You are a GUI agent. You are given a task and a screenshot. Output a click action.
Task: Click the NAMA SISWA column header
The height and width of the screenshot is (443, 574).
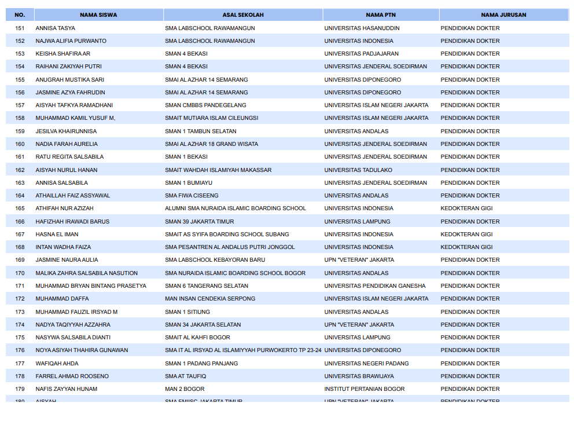[98, 15]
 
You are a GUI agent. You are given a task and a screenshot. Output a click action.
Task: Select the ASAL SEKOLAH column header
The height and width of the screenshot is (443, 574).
[243, 15]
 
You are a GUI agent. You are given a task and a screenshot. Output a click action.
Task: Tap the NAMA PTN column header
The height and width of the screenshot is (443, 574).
[381, 15]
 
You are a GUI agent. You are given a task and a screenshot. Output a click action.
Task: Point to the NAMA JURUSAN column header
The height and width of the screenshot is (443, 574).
[503, 15]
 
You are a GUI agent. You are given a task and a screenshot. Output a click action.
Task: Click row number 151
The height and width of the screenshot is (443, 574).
[20, 28]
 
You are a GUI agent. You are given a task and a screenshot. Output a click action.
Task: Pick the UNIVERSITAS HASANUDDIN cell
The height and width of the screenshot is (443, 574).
[362, 28]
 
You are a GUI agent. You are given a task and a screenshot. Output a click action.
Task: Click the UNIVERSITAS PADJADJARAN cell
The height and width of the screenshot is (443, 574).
[361, 54]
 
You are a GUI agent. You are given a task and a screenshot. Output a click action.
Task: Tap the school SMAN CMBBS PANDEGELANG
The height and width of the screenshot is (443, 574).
[205, 105]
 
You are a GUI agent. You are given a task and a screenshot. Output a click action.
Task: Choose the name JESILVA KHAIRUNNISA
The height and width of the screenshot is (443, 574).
[66, 131]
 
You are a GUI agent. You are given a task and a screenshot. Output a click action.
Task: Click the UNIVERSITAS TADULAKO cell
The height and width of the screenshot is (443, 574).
[358, 170]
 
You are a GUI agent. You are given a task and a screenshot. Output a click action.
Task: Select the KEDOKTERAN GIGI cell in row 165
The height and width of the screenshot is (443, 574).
[466, 208]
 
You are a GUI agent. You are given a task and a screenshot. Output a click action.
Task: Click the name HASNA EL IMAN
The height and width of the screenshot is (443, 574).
[57, 235]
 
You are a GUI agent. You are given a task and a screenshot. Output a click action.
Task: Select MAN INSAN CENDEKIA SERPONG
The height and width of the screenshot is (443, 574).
[210, 299]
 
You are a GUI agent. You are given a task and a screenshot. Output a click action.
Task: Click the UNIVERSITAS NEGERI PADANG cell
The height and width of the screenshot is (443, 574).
[366, 364]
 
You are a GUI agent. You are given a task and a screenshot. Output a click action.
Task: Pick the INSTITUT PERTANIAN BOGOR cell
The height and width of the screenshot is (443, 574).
[365, 389]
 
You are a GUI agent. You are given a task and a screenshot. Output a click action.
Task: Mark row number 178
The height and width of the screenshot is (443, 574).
[20, 376]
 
